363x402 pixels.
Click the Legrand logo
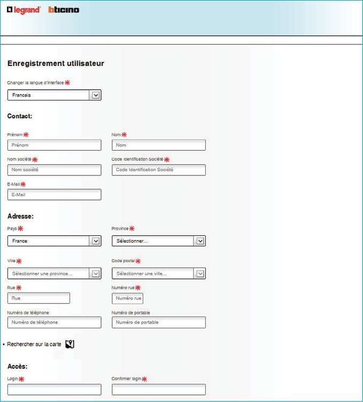point(24,10)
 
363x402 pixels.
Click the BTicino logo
point(64,10)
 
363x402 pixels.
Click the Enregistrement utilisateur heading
point(56,64)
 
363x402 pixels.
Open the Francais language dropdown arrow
point(96,95)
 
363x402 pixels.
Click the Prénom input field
point(54,145)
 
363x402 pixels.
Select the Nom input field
point(158,145)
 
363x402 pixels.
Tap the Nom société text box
point(54,170)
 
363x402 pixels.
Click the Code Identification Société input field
point(158,170)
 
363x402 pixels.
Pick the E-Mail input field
point(54,195)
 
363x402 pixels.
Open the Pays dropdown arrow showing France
point(96,241)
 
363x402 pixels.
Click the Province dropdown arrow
point(200,241)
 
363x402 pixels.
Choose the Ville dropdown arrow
point(96,274)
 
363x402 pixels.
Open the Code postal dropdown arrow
point(200,274)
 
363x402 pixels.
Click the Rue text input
point(38,298)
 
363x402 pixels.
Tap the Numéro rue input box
point(127,298)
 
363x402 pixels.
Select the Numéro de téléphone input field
point(54,322)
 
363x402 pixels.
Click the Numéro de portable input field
point(158,322)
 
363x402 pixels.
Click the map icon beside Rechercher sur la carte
point(69,344)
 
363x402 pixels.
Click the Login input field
point(54,389)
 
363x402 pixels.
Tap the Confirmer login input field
point(158,389)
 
